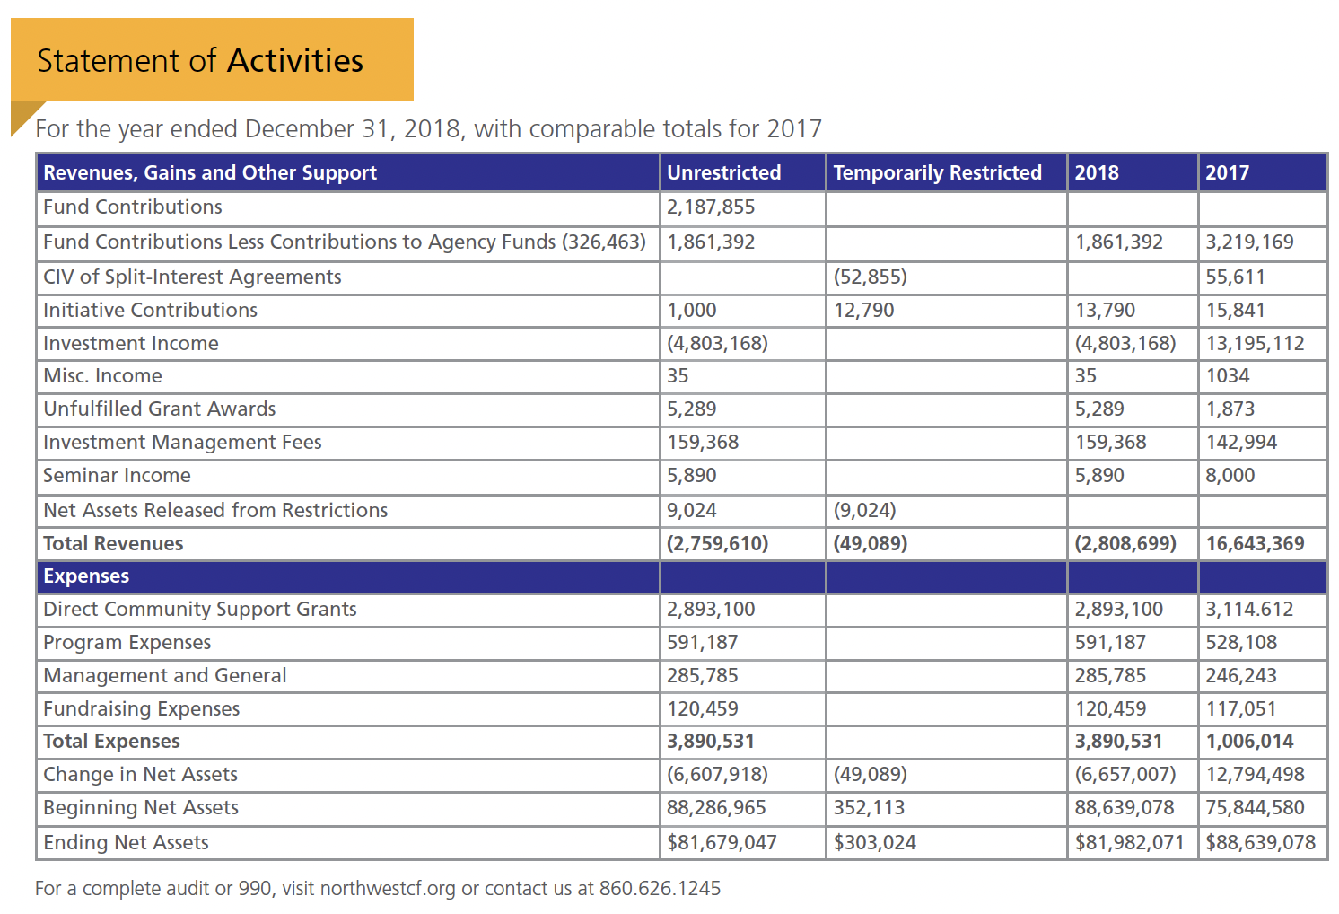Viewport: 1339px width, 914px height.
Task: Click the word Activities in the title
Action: [295, 61]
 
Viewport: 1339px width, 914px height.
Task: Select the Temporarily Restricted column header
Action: [937, 172]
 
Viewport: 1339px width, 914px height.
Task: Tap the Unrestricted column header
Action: [723, 172]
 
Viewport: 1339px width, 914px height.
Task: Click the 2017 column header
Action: [1227, 172]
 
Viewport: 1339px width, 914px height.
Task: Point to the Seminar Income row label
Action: [117, 476]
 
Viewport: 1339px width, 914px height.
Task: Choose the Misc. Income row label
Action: [102, 376]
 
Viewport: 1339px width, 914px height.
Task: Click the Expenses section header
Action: [86, 576]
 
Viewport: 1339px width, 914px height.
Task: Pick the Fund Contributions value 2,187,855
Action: [711, 207]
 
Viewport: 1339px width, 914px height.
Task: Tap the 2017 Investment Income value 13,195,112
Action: [1255, 344]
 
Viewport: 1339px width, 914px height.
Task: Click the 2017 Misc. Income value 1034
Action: [1227, 376]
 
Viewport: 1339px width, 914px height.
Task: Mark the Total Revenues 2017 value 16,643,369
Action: [1255, 544]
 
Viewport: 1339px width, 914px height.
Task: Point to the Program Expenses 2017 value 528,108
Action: [1241, 643]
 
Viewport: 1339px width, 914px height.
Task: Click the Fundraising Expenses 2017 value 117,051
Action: [1240, 709]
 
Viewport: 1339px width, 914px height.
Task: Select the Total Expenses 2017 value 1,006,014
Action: [1249, 742]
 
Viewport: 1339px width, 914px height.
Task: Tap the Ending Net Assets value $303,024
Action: [874, 843]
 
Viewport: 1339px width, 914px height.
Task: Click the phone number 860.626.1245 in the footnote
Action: [660, 889]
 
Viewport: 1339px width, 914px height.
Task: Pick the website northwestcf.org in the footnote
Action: [388, 889]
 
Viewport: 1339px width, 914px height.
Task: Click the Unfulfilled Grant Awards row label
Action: [160, 409]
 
